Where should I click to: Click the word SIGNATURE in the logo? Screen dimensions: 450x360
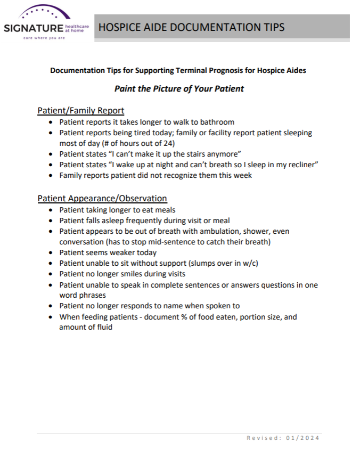coord(33,27)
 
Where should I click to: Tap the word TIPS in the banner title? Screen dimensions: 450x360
coord(270,27)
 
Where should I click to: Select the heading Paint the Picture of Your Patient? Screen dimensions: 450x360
coord(179,88)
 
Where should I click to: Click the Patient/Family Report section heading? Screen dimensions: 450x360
coord(80,111)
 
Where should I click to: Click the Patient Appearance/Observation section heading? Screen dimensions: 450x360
coord(102,198)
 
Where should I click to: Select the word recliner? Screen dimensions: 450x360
coord(299,165)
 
